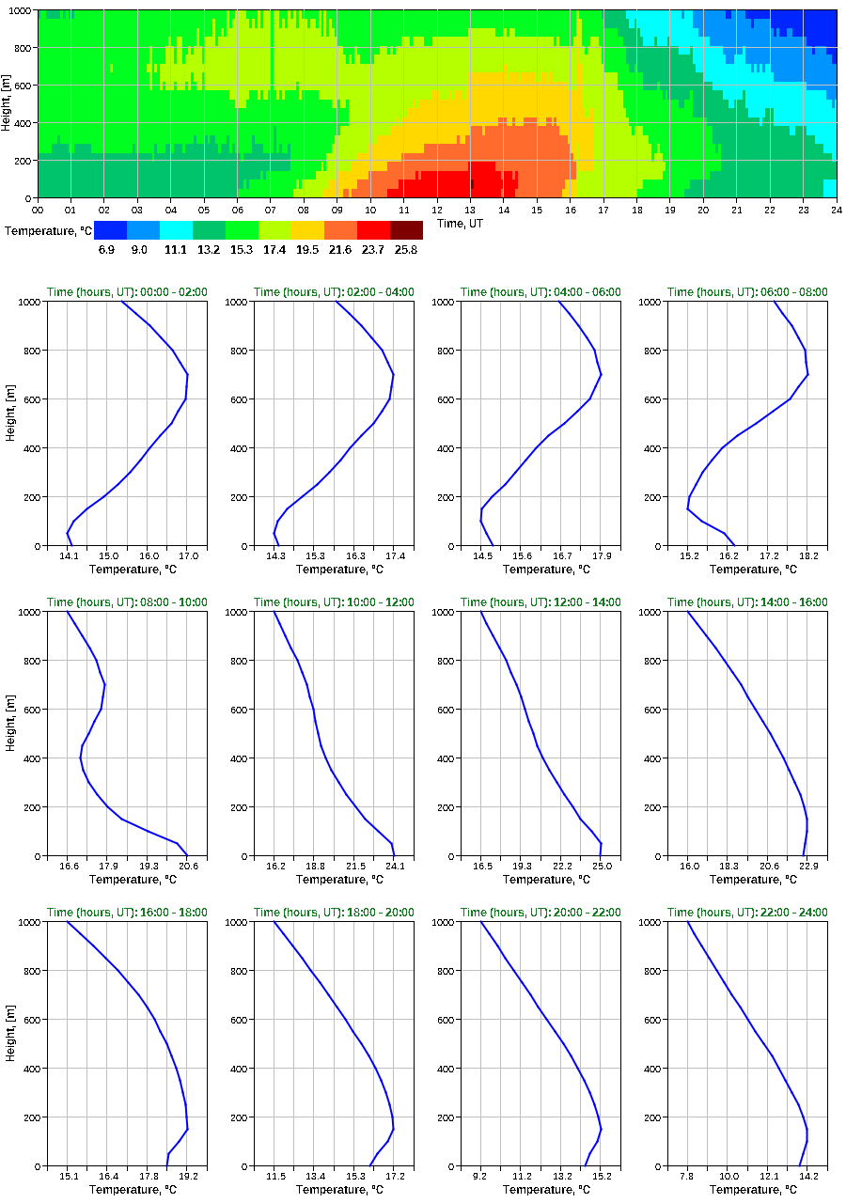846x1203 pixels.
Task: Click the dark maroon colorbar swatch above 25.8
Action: pos(406,230)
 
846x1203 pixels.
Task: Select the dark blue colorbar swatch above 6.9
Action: pos(110,230)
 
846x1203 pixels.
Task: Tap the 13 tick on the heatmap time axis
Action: pos(471,210)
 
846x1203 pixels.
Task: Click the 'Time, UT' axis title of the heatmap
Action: pos(463,223)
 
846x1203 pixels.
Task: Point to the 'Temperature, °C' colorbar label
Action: pos(46,230)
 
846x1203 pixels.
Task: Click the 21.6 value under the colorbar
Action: pos(340,250)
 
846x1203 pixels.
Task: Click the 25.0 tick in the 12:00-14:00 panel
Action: pos(602,866)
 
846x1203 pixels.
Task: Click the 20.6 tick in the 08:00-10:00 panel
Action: pos(188,866)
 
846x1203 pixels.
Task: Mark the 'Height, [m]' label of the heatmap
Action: pos(7,104)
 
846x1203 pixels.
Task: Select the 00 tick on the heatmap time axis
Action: pos(38,210)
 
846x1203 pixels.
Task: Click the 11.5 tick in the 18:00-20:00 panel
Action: pos(274,1176)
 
